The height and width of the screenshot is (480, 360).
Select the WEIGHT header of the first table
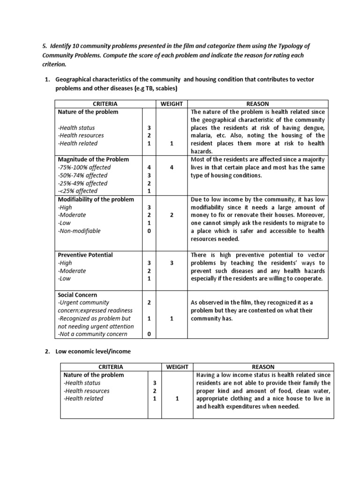[172, 104]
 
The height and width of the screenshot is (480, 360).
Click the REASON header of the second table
[263, 367]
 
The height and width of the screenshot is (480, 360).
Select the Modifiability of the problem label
[96, 199]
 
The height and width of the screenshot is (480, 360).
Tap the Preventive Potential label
[85, 255]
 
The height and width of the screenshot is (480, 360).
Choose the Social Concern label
[77, 294]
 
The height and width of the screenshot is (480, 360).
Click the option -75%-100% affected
[84, 167]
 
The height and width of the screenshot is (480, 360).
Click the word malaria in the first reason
[201, 135]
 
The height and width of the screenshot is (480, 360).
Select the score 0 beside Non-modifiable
[149, 231]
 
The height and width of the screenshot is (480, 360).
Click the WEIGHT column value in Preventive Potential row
[172, 263]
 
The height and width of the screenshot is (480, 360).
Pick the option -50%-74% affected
[82, 175]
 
